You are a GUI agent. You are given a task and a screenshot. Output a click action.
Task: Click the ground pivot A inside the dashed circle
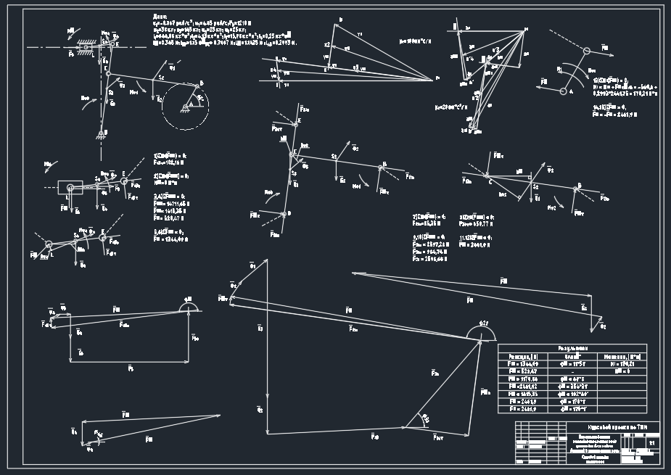click(x=187, y=107)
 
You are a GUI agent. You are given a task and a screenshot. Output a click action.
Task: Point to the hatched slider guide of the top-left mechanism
click(x=89, y=37)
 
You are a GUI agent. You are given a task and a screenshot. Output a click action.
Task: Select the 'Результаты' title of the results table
click(x=572, y=348)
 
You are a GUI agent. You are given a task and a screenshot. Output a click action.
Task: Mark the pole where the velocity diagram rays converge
click(x=434, y=78)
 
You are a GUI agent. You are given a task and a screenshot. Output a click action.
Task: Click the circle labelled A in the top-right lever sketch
click(x=563, y=91)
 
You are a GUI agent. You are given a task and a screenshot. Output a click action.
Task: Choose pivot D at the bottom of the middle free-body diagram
click(x=288, y=214)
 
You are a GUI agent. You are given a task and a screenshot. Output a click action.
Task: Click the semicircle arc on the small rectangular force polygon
click(x=191, y=308)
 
